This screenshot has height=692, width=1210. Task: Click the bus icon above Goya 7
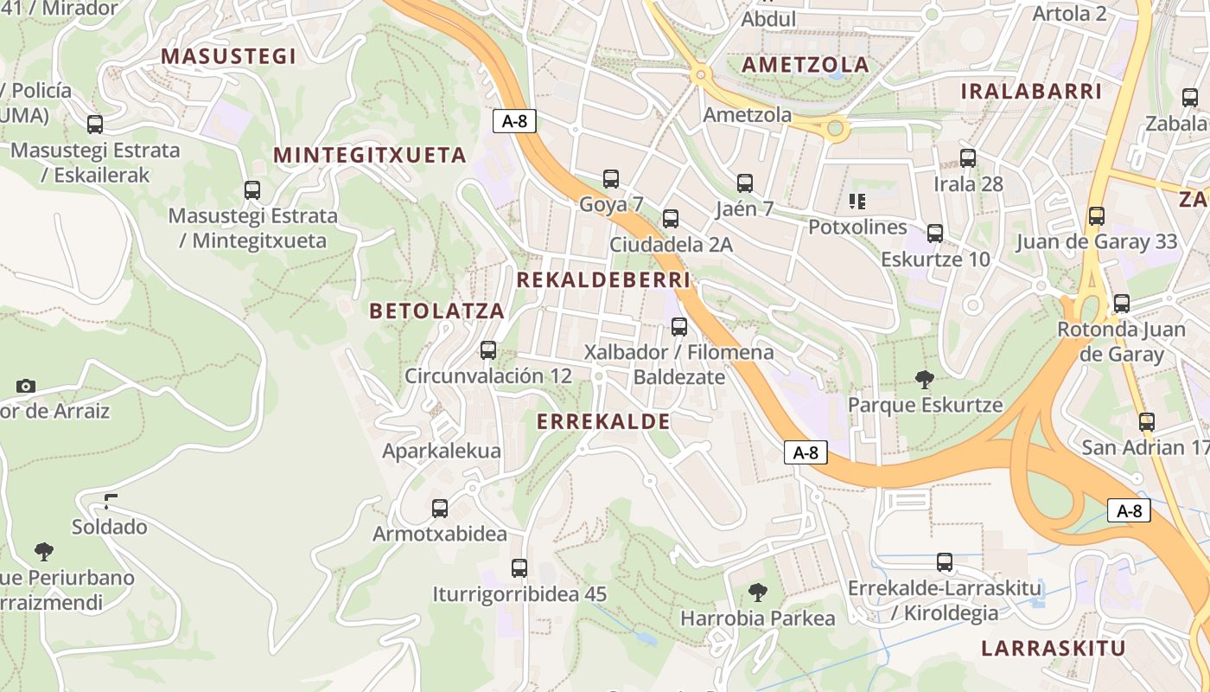click(x=611, y=179)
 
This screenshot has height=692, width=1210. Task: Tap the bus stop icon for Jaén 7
click(x=745, y=183)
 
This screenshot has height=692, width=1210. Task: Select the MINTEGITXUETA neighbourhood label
click(x=370, y=156)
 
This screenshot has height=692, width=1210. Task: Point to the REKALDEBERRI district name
click(x=603, y=280)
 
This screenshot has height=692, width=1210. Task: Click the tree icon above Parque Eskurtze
click(x=925, y=379)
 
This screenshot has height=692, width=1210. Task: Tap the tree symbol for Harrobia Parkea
click(x=758, y=593)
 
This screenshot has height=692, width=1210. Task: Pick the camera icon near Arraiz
click(x=26, y=386)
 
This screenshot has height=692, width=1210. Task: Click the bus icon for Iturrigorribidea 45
click(x=519, y=568)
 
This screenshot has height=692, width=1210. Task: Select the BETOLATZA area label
click(x=436, y=311)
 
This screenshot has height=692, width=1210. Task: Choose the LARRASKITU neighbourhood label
click(x=1054, y=649)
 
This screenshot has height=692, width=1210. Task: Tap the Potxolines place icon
click(x=857, y=202)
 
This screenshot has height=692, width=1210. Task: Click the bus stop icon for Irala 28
click(x=968, y=158)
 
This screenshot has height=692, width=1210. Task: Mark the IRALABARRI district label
click(x=1031, y=92)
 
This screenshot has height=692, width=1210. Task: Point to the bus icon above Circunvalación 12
click(x=488, y=350)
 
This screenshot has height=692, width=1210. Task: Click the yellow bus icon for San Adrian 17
click(x=1147, y=422)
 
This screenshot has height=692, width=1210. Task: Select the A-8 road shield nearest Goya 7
click(x=514, y=121)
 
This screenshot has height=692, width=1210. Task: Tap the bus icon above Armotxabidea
click(x=440, y=509)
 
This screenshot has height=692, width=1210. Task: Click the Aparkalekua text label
click(x=442, y=451)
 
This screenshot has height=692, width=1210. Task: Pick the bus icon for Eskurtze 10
click(x=935, y=234)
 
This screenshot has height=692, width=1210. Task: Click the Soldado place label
click(x=109, y=527)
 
